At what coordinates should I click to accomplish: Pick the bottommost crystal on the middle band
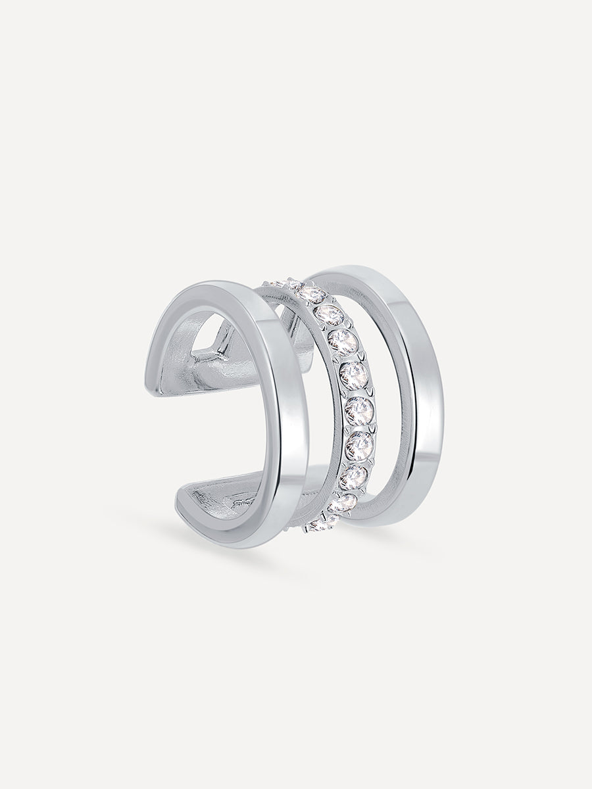(x=316, y=524)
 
